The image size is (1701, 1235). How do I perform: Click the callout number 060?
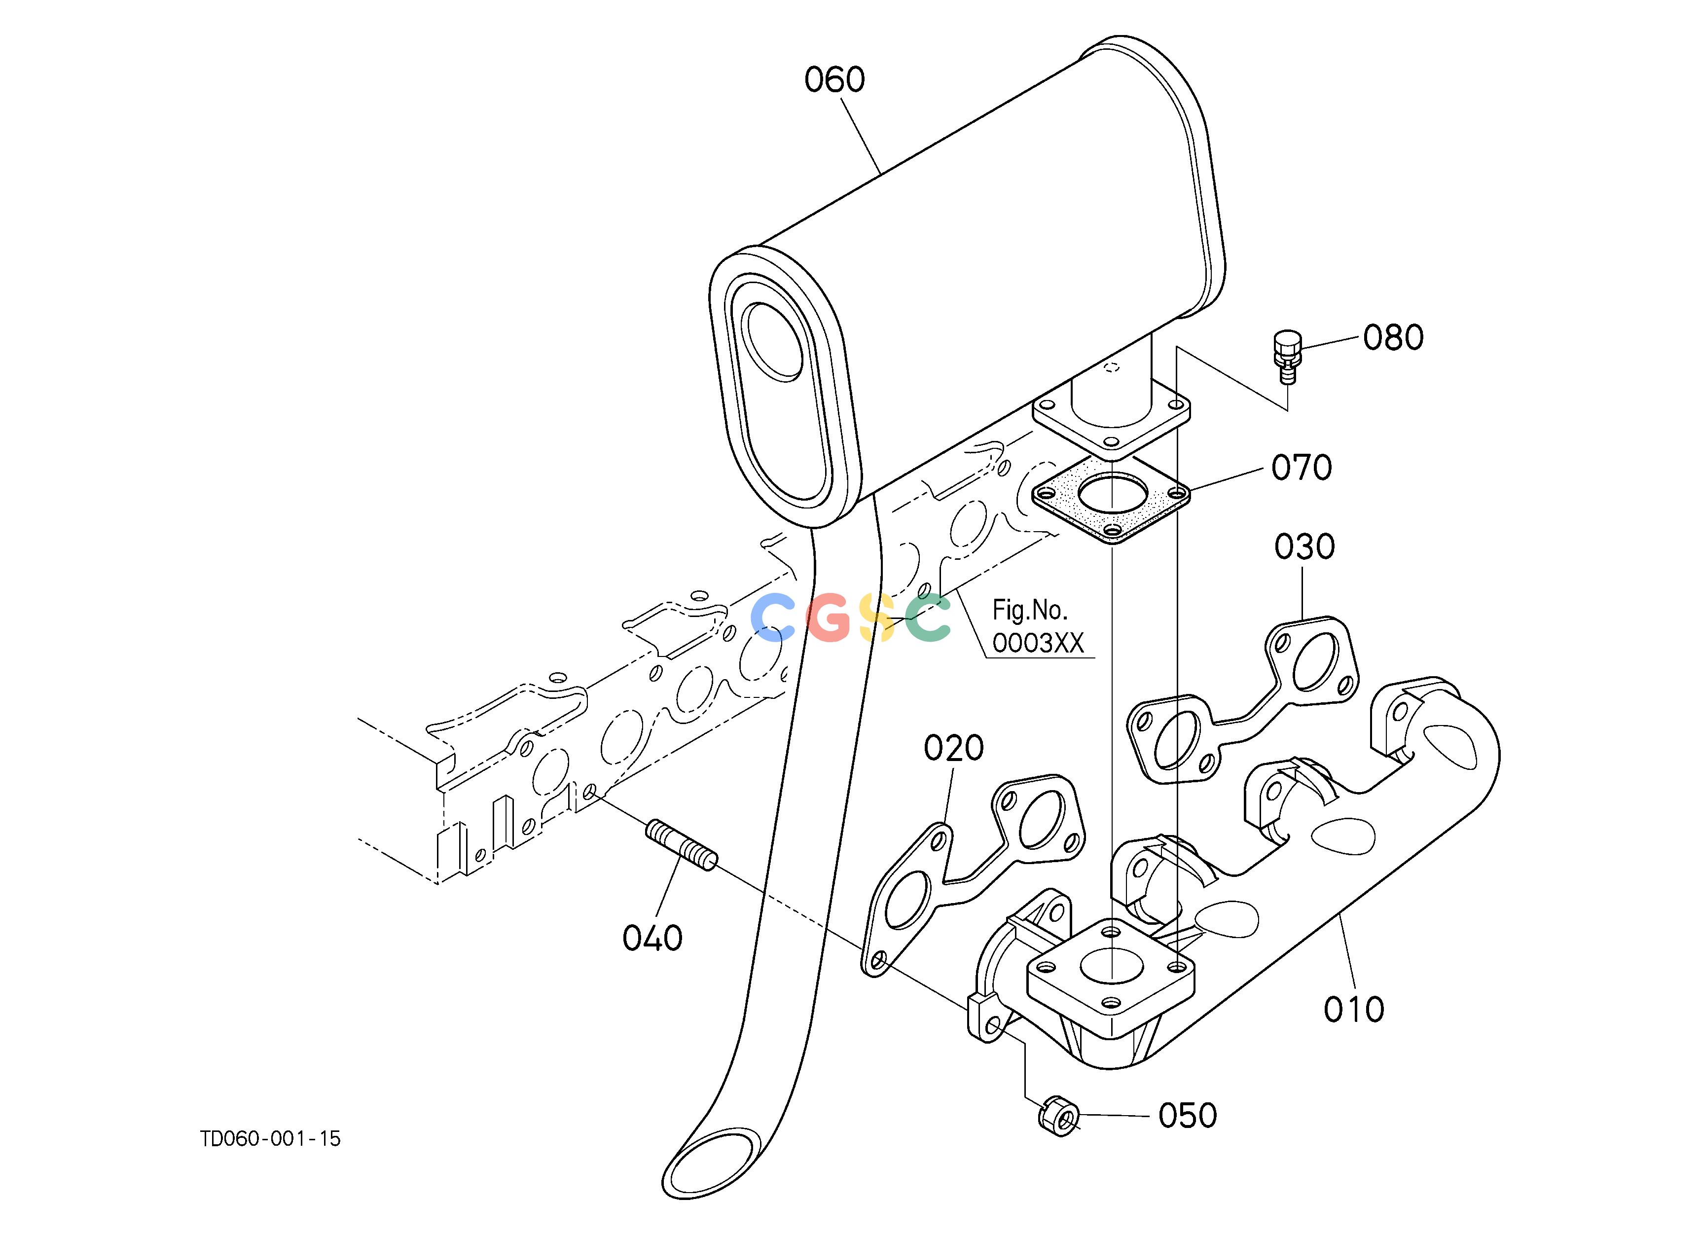(835, 79)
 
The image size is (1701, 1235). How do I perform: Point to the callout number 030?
(1305, 547)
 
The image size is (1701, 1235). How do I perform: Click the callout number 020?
(954, 748)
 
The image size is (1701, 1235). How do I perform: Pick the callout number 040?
(652, 938)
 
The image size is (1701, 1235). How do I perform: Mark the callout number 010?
(1354, 1010)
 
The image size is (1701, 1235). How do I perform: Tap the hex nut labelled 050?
(1059, 1117)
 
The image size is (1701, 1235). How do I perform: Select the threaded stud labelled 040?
(682, 845)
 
